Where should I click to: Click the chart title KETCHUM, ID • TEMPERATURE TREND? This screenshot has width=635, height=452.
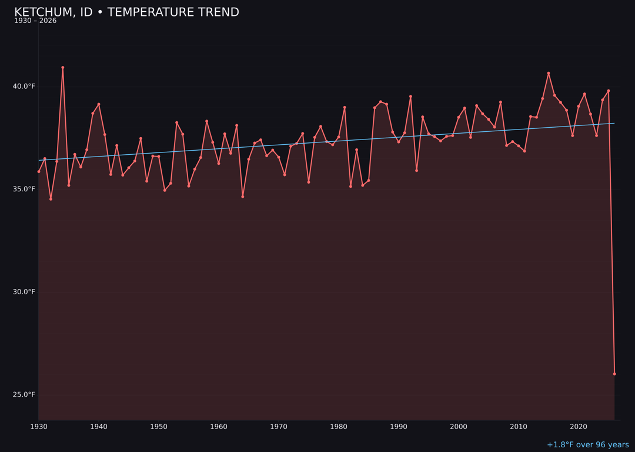[x=126, y=12]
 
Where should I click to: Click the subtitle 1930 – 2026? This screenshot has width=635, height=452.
[x=35, y=21]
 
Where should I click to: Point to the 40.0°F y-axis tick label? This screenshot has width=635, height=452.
[x=24, y=87]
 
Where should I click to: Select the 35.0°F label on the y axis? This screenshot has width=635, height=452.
[x=24, y=190]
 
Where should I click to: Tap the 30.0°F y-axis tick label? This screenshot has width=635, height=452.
[x=24, y=292]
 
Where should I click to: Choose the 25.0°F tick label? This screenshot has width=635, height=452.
[x=24, y=395]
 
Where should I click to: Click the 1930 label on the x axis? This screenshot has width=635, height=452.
[x=39, y=427]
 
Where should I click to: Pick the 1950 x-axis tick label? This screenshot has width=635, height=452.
[x=159, y=427]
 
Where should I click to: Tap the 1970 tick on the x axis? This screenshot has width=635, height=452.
[x=279, y=427]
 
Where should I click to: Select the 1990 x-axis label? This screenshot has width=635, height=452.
[x=399, y=427]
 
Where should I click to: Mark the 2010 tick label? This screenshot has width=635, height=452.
[x=519, y=427]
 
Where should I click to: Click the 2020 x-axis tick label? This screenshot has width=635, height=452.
[x=579, y=427]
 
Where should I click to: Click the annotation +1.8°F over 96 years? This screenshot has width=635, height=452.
[x=587, y=445]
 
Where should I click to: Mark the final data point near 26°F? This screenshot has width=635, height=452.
[x=614, y=374]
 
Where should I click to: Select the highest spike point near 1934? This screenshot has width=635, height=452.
[x=63, y=68]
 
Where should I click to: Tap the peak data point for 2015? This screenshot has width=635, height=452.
[x=549, y=74]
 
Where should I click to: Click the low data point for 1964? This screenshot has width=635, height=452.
[x=243, y=197]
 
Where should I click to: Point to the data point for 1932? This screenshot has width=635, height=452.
[x=51, y=199]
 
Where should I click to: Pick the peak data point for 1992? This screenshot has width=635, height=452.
[x=410, y=97]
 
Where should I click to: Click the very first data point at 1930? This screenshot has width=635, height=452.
[x=39, y=171]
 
